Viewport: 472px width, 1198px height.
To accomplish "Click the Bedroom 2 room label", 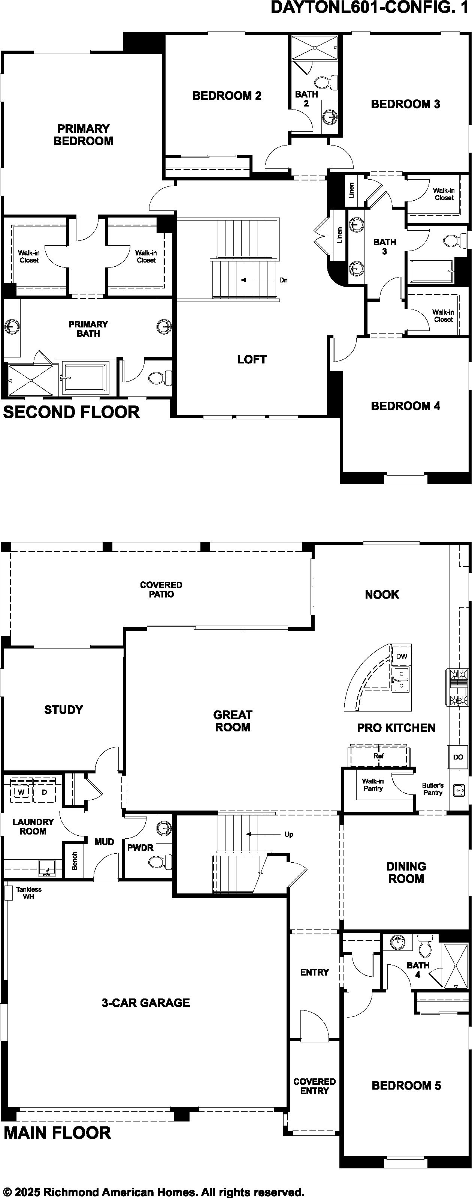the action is pyautogui.click(x=227, y=96).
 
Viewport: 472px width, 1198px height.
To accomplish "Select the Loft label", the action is pyautogui.click(x=252, y=359).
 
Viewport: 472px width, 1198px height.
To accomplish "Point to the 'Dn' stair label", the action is pyautogui.click(x=283, y=280).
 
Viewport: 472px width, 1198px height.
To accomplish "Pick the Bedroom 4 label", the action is pyautogui.click(x=406, y=406).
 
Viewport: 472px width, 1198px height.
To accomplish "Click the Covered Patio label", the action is pyautogui.click(x=161, y=589).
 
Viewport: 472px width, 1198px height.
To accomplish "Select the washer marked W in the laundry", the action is pyautogui.click(x=21, y=791).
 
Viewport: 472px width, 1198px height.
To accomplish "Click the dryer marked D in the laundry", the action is pyautogui.click(x=45, y=791).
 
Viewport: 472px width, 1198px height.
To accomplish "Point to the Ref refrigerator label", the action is pyautogui.click(x=379, y=756).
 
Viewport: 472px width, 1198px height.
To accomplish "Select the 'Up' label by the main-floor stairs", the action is pyautogui.click(x=288, y=834).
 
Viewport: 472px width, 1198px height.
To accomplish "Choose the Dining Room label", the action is pyautogui.click(x=406, y=872).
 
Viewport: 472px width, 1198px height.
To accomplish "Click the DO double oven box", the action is pyautogui.click(x=458, y=757).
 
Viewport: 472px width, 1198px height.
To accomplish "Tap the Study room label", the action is pyautogui.click(x=64, y=710).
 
